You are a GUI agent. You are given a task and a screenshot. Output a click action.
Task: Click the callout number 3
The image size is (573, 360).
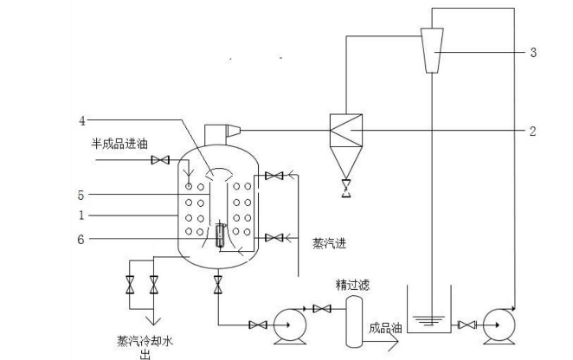534,53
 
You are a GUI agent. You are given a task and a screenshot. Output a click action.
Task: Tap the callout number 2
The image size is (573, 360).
534,132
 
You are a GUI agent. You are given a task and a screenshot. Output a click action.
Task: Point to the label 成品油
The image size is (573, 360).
384,328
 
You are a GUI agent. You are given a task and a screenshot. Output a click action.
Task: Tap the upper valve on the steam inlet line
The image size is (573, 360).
275,177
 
